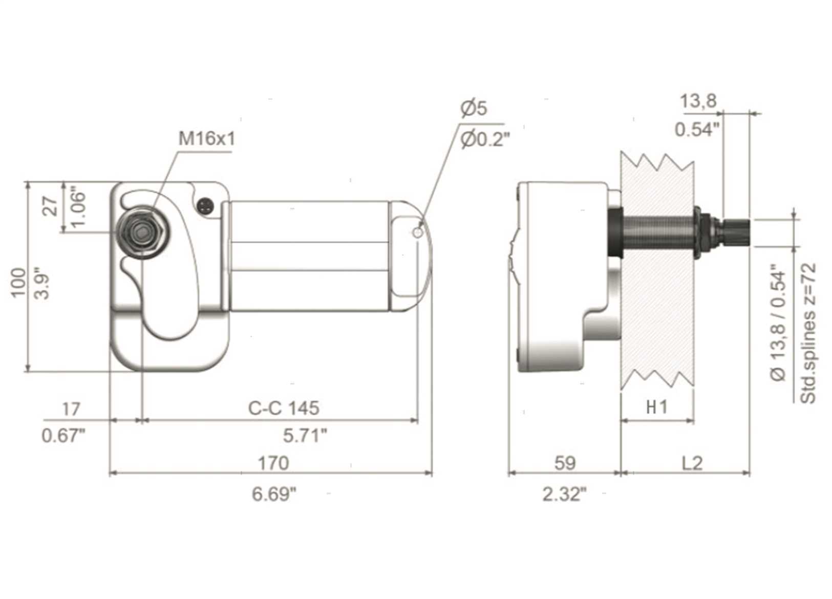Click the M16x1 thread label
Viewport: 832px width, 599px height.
click(x=207, y=139)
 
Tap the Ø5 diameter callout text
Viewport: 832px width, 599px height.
click(x=474, y=108)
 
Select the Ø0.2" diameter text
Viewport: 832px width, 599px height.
click(x=485, y=140)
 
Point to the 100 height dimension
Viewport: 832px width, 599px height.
click(x=18, y=282)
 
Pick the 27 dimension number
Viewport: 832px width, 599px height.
click(x=51, y=206)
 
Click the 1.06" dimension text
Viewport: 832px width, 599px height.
click(x=78, y=209)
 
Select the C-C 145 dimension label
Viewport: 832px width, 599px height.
click(x=284, y=408)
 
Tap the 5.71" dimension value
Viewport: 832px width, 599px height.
click(x=305, y=435)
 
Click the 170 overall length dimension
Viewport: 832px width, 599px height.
click(x=273, y=463)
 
